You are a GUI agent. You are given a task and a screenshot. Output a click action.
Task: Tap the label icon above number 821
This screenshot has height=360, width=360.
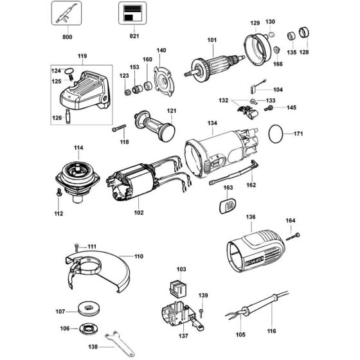[132, 14]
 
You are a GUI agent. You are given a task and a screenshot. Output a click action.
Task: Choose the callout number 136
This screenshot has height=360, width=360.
[251, 217]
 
